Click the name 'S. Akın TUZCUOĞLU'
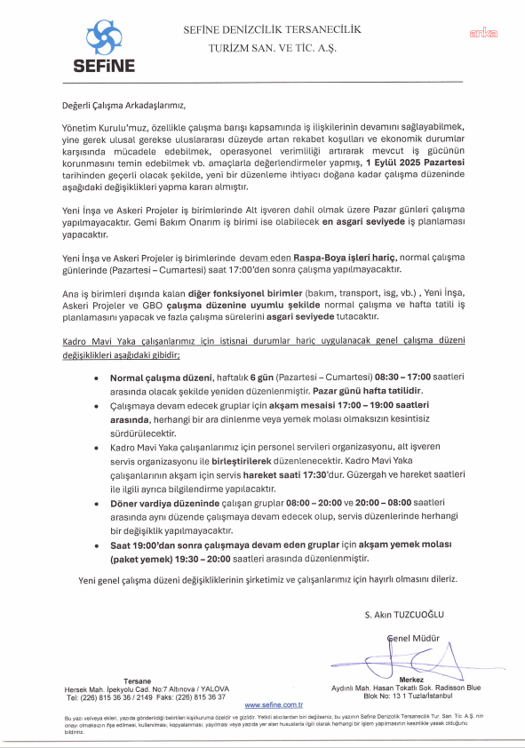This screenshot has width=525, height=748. coord(402,615)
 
